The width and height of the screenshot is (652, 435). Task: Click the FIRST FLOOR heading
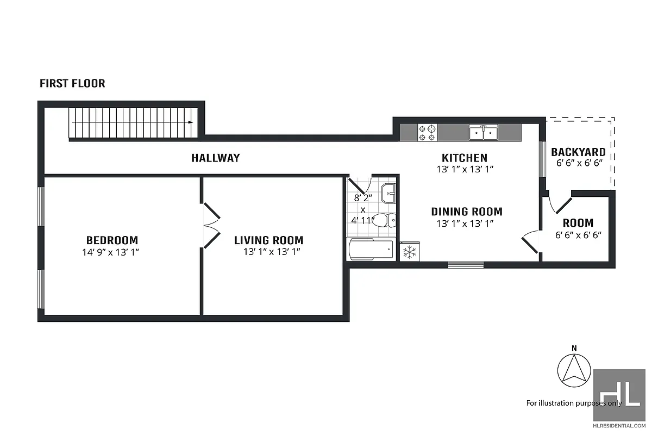72,84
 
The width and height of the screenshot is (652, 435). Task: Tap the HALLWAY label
215,158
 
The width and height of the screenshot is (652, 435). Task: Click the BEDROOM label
112,240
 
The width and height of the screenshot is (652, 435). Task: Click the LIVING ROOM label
268,240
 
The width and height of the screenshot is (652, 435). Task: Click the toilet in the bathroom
387,220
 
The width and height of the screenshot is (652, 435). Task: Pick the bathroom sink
388,192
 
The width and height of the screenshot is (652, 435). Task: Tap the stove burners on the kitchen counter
427,132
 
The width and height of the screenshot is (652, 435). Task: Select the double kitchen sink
484,132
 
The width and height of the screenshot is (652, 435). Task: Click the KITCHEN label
464,158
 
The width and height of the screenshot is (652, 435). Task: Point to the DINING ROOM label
467,212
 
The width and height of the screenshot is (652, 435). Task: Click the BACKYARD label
578,152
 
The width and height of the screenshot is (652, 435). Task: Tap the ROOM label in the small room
578,223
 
